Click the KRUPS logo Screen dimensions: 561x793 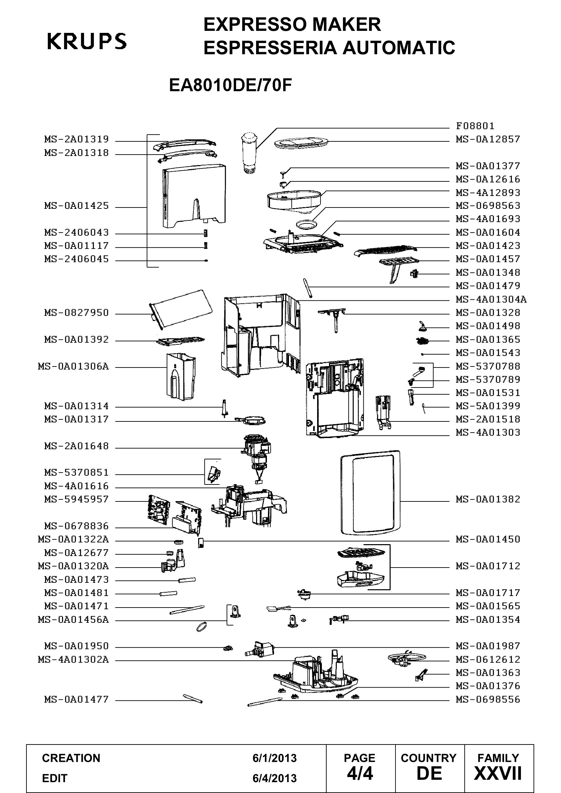tap(87, 41)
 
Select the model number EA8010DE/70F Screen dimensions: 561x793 tap(230, 85)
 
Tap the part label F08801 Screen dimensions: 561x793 tap(475, 126)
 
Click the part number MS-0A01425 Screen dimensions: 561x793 tap(76, 206)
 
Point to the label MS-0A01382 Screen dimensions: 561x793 tap(488, 499)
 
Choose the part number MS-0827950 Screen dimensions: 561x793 tap(76, 313)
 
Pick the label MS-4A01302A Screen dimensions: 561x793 tap(73, 660)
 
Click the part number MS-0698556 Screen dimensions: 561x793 tap(488, 700)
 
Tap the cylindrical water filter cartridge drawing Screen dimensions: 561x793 tap(248, 152)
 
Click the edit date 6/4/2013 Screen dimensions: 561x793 tap(275, 778)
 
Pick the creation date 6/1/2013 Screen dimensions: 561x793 tap(275, 758)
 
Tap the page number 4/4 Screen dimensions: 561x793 tap(360, 774)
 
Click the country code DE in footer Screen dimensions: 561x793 tap(429, 774)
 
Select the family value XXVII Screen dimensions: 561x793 tap(498, 774)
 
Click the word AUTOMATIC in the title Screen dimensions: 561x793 tap(399, 47)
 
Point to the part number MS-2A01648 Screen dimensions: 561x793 tap(76, 446)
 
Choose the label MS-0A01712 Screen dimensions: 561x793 tap(488, 566)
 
